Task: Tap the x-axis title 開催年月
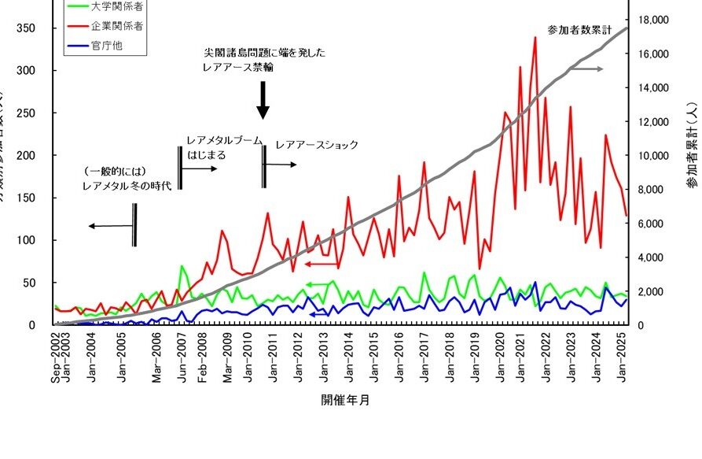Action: click(x=345, y=400)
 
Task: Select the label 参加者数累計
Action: click(x=579, y=30)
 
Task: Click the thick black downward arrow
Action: click(x=263, y=100)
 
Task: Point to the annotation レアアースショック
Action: click(x=317, y=145)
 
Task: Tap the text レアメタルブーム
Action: click(x=224, y=140)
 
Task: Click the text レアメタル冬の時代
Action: click(x=126, y=186)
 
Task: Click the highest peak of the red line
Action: click(x=535, y=37)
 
